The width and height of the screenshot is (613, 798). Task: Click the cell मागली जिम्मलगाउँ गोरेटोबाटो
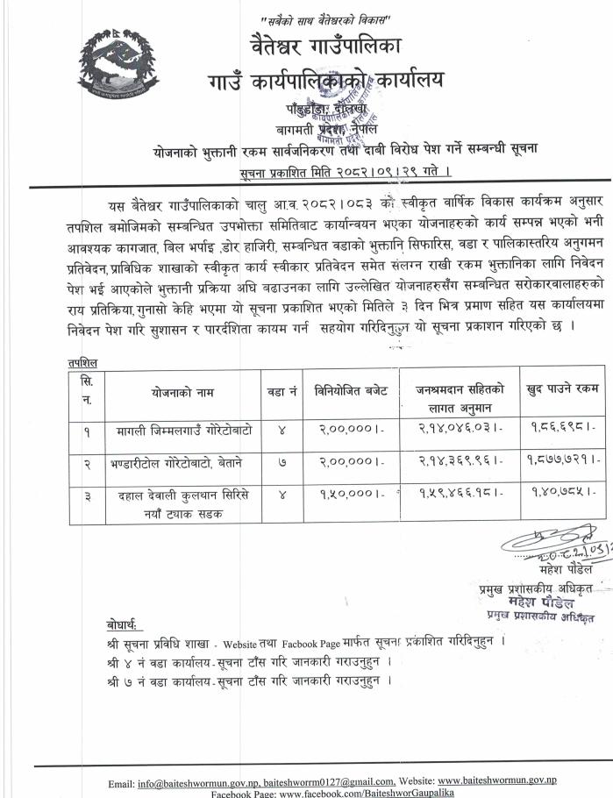point(184,431)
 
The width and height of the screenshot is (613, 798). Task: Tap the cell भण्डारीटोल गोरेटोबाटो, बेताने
point(184,461)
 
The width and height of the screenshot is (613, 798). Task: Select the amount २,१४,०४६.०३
point(454,431)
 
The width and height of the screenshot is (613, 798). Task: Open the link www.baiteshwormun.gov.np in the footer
point(497,780)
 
